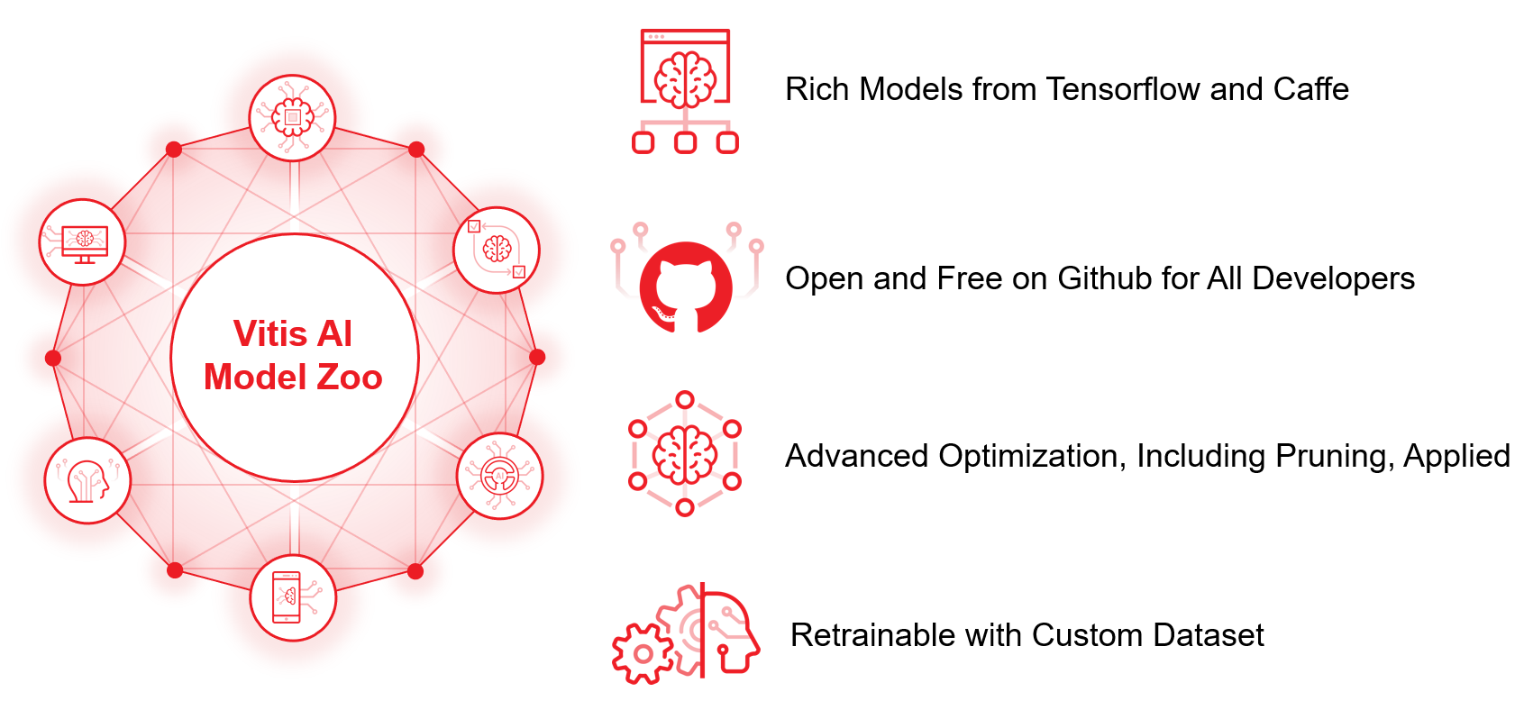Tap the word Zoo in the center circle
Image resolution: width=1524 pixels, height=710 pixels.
350,378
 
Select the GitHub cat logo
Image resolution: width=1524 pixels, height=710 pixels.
686,287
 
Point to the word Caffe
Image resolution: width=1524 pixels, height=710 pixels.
1310,89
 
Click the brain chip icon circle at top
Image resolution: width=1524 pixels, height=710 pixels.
293,118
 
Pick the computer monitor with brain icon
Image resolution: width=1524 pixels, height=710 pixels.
82,242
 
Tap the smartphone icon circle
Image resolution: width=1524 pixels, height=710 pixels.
293,597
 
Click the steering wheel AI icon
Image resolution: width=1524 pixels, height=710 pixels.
500,476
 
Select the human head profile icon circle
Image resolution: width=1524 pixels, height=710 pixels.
87,481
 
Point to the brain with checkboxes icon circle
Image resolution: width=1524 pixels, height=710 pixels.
497,250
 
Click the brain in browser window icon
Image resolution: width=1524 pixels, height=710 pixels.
685,91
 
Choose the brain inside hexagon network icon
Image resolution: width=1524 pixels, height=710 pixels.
685,453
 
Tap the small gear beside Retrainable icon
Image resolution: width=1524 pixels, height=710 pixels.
643,654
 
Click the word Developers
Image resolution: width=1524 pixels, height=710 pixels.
1334,278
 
